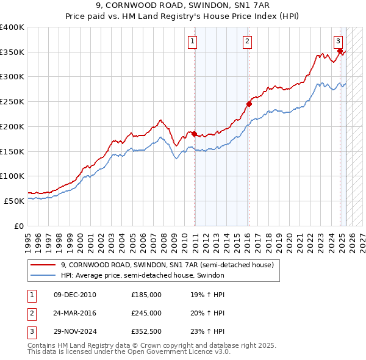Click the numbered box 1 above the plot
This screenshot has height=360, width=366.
(192, 41)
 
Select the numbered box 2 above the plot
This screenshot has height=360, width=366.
(247, 41)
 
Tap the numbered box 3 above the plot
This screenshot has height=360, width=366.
(338, 41)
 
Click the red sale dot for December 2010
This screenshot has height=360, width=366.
(194, 134)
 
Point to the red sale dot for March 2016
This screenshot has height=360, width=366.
(249, 104)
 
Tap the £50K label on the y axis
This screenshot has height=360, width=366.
(15, 200)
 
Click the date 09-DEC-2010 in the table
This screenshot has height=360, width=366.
(75, 295)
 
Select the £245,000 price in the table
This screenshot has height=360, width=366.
(146, 313)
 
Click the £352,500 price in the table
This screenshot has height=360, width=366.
(146, 331)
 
